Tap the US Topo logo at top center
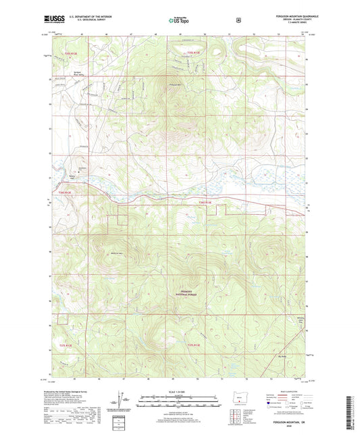tap(180, 20)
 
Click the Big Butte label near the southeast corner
tap(282, 352)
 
